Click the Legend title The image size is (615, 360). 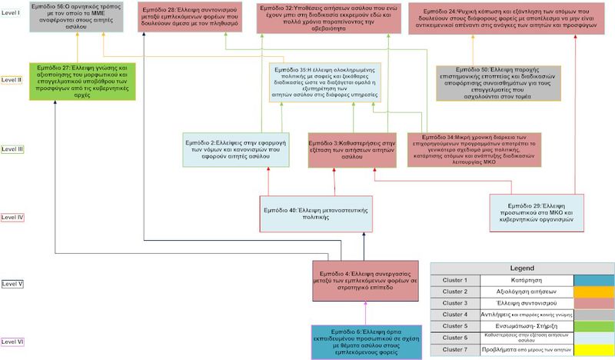pos(522,267)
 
